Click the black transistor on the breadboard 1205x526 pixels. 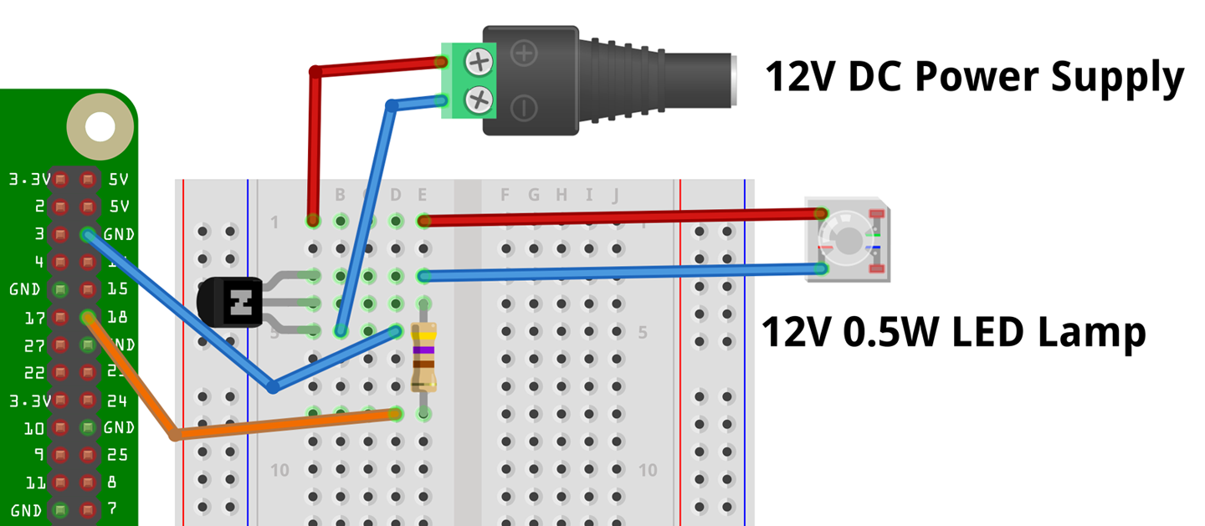pyautogui.click(x=231, y=303)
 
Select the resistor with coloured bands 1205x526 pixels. pyautogui.click(x=424, y=357)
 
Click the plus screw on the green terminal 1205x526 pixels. pyautogui.click(x=479, y=61)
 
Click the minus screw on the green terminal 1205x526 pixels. pyautogui.click(x=479, y=100)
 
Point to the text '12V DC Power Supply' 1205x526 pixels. pyautogui.click(x=973, y=78)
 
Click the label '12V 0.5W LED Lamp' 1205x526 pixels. pyautogui.click(x=952, y=332)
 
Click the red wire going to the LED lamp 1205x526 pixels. pyautogui.click(x=619, y=217)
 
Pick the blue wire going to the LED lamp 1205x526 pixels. pyautogui.click(x=619, y=272)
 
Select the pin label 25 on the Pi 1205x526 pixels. pyautogui.click(x=117, y=455)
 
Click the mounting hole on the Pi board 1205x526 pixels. pyautogui.click(x=100, y=127)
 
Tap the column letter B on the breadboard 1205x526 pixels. pyautogui.click(x=341, y=195)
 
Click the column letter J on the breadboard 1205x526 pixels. pyautogui.click(x=616, y=195)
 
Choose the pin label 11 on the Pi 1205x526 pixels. pyautogui.click(x=35, y=483)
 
